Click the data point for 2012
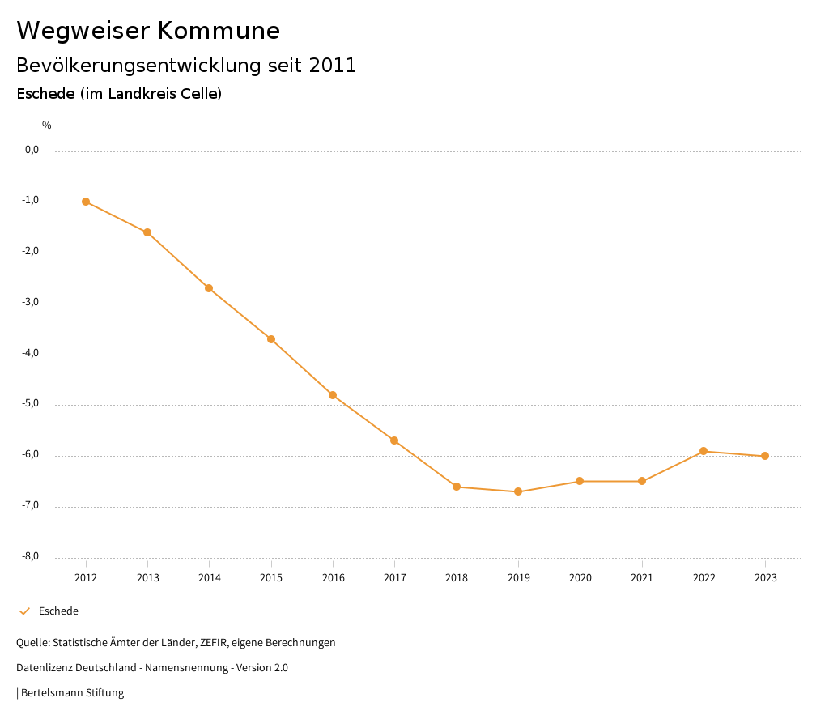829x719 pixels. tap(86, 202)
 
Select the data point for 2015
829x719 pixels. tap(271, 339)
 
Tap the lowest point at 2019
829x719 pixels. tap(518, 491)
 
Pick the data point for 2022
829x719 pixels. tap(704, 451)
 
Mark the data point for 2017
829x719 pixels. tap(394, 440)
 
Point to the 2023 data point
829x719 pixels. tap(765, 456)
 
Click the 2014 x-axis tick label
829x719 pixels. tap(209, 578)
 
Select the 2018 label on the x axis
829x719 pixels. tap(457, 578)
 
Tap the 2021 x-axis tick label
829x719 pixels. tap(642, 578)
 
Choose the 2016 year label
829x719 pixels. tap(333, 578)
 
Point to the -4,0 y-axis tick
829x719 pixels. tap(32, 354)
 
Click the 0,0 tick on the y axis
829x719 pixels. tap(32, 150)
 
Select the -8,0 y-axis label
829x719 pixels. tap(32, 557)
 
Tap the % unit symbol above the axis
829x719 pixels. tap(47, 126)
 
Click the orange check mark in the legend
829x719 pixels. tap(24, 611)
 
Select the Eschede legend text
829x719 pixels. tap(58, 611)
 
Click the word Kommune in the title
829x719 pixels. tap(219, 31)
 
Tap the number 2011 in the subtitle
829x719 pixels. tap(333, 66)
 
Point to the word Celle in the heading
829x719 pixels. tap(199, 94)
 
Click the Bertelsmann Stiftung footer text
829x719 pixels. tap(72, 693)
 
